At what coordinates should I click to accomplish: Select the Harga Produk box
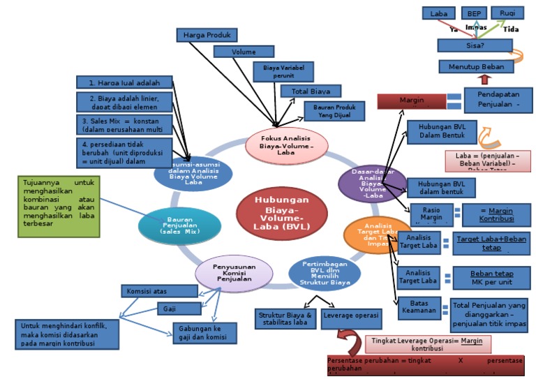click(207, 34)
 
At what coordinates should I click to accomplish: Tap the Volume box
click(244, 52)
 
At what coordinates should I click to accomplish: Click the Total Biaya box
click(311, 91)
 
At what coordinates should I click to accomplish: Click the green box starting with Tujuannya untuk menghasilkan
click(59, 207)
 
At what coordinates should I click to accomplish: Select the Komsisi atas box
click(160, 290)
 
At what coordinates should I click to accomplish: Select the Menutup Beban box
click(476, 66)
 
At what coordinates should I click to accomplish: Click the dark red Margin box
click(411, 101)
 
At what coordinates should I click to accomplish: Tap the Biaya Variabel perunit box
click(283, 71)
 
